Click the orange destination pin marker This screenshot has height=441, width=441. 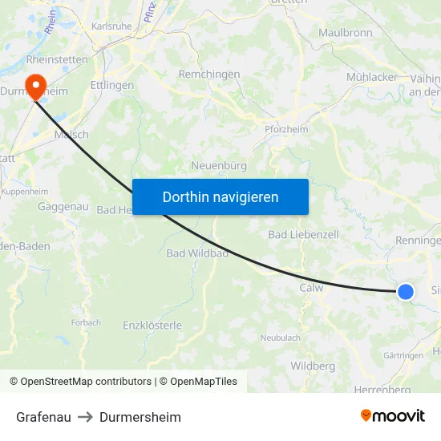pos(35,85)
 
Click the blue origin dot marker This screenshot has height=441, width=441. pos(406,292)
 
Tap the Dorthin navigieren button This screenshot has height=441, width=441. pos(220,196)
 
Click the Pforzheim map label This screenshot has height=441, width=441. pos(287,129)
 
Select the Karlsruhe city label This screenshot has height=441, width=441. pos(111,26)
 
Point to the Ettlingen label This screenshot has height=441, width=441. pos(112,85)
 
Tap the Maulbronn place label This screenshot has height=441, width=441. pos(346,33)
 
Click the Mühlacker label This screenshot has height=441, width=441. pos(372,77)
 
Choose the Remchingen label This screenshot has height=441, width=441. pos(209,74)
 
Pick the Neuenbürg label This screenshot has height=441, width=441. pos(219,166)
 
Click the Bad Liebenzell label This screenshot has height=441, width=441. pos(303,234)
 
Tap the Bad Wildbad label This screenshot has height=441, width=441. pos(197,253)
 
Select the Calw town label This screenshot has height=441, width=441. pos(311,288)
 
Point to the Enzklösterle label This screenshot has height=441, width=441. pos(152,326)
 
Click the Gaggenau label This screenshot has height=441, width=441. pos(63,206)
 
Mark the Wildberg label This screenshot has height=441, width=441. pos(313,366)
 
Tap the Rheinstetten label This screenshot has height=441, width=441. pos(57,59)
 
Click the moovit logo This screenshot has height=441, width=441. pos(392,416)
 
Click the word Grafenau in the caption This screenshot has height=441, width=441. pos(43,417)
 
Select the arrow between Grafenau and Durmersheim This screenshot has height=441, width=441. pos(85,417)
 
